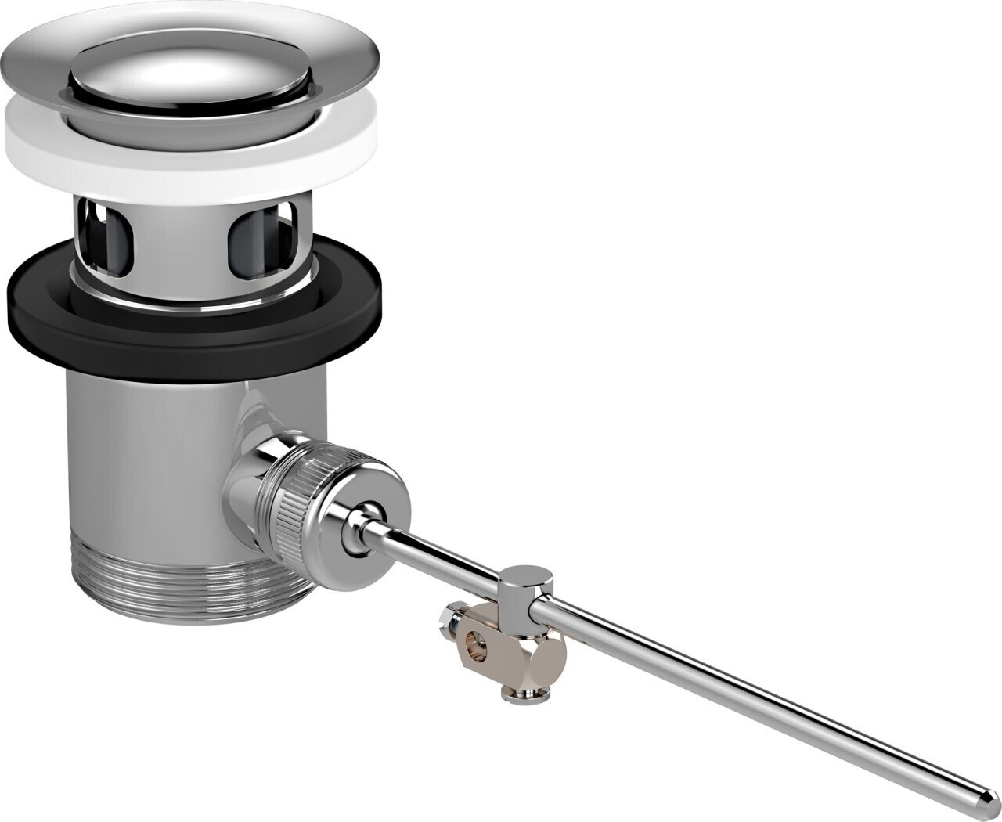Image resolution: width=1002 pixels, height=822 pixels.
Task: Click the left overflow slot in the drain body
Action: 106,239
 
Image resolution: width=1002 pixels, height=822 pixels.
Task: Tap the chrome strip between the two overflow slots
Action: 180,243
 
